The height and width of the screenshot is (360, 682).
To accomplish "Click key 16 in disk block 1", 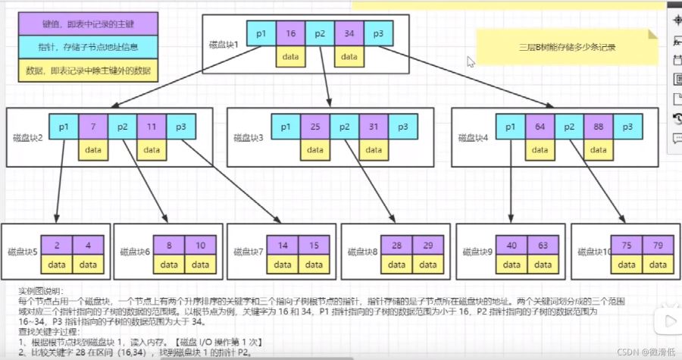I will coord(290,34).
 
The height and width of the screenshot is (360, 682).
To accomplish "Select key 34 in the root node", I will coord(349,34).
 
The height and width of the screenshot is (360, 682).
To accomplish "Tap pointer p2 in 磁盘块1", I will coord(320,34).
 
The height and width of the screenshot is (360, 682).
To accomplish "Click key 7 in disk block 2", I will coord(92,127).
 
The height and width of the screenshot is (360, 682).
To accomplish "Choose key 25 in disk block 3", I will coord(314,127).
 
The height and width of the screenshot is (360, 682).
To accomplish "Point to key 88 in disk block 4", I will coord(597,127).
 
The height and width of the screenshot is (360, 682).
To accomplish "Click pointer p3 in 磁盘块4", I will coord(627,127).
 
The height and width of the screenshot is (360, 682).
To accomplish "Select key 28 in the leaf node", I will coord(396,246).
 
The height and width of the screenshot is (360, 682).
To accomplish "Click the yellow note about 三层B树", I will coord(567,46).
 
